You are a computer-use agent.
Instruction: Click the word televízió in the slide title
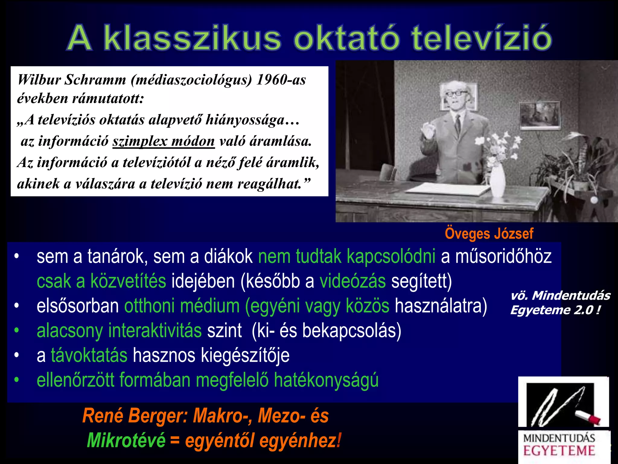click(x=481, y=39)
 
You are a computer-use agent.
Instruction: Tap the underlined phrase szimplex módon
click(x=164, y=141)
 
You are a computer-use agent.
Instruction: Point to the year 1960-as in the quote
click(x=281, y=80)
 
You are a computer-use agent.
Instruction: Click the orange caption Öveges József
click(x=489, y=234)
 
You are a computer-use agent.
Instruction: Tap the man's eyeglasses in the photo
click(x=456, y=93)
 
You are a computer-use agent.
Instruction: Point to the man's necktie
click(x=458, y=124)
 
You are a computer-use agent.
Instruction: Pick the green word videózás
click(x=352, y=281)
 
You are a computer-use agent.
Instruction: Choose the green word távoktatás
click(x=89, y=355)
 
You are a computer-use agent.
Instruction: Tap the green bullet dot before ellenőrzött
click(x=17, y=380)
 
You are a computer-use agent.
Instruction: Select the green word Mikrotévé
click(x=126, y=440)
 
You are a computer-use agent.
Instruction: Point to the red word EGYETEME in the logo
click(x=559, y=451)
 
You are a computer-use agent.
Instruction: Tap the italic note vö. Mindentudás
click(x=560, y=295)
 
